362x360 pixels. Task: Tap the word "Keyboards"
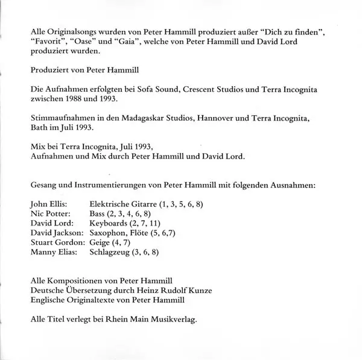coord(110,225)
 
